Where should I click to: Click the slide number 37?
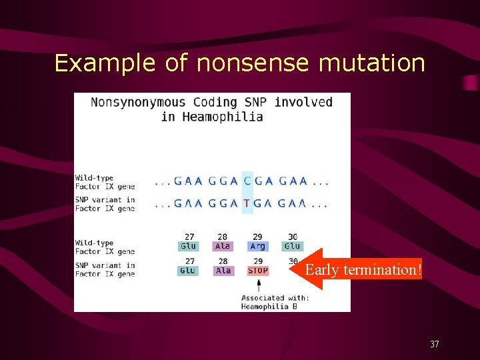click(434, 344)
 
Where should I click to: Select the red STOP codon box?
click(258, 271)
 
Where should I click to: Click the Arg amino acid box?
click(258, 246)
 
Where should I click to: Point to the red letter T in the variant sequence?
click(247, 204)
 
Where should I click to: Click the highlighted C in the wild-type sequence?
click(247, 181)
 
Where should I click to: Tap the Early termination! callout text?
click(363, 269)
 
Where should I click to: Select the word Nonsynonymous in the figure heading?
click(139, 102)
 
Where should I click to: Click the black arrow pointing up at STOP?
click(259, 285)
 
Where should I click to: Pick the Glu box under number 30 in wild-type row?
click(292, 246)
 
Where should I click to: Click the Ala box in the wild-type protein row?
click(223, 246)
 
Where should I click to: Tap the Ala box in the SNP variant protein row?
click(223, 271)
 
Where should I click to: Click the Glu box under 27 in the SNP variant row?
click(188, 271)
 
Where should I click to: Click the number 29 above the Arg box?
click(258, 237)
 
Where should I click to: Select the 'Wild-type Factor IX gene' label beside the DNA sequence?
click(104, 182)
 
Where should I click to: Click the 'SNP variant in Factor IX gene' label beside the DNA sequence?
click(105, 204)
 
